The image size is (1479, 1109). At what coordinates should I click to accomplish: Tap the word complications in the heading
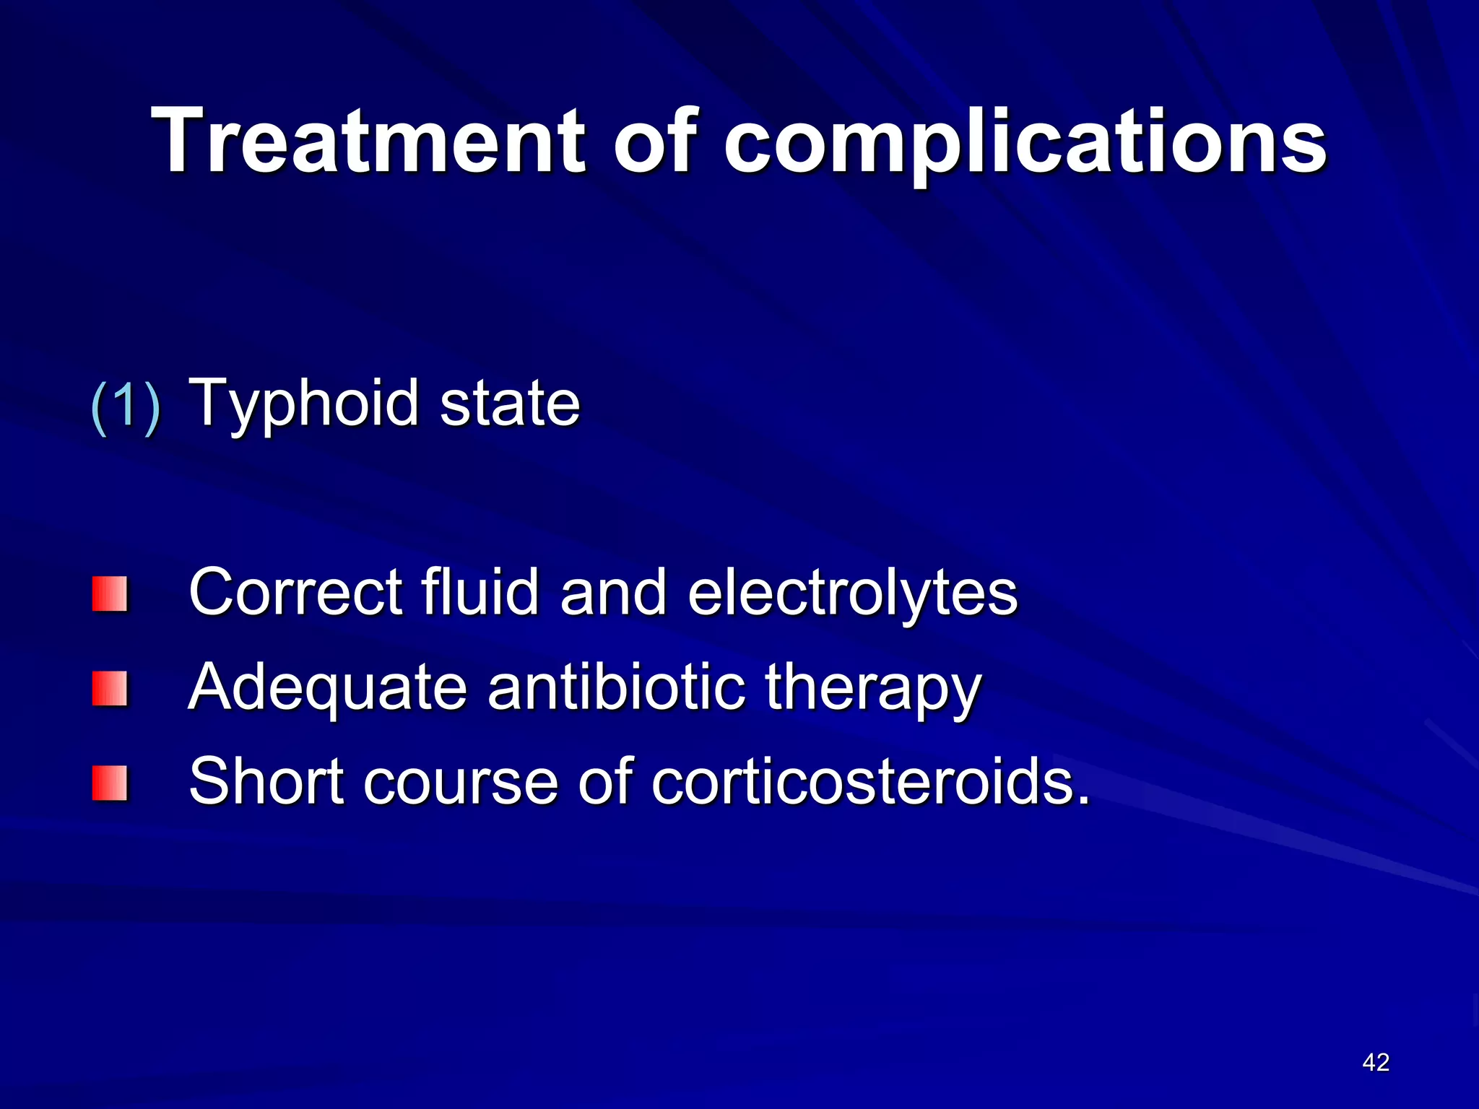pyautogui.click(x=1025, y=142)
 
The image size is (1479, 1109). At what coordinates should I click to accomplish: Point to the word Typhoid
pyautogui.click(x=304, y=404)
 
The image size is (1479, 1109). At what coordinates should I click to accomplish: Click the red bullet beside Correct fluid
pyautogui.click(x=110, y=593)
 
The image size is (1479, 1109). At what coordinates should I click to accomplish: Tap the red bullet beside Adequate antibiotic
pyautogui.click(x=110, y=688)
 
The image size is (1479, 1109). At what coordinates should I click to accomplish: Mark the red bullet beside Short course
pyautogui.click(x=110, y=783)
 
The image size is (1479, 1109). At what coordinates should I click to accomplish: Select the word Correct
pyautogui.click(x=295, y=592)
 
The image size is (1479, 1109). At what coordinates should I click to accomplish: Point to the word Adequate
pyautogui.click(x=328, y=688)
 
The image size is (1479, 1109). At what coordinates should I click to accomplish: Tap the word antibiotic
pyautogui.click(x=616, y=687)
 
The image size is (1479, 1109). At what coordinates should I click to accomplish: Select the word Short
pyautogui.click(x=266, y=781)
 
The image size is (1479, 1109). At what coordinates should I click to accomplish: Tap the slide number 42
pyautogui.click(x=1376, y=1062)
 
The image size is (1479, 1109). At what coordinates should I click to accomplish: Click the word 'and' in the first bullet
pyautogui.click(x=613, y=592)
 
